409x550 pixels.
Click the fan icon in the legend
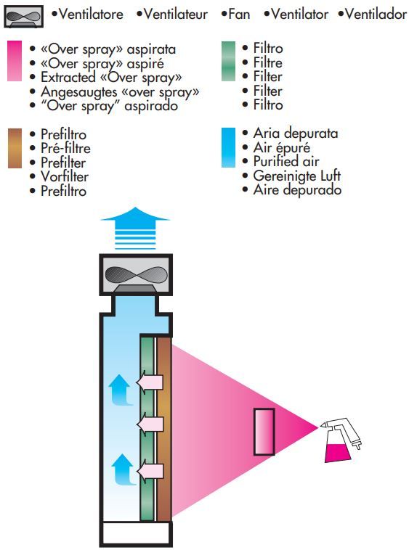pyautogui.click(x=24, y=17)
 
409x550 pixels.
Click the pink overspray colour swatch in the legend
pyautogui.click(x=15, y=61)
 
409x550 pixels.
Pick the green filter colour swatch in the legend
pyautogui.click(x=228, y=61)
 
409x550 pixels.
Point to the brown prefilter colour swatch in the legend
pyautogui.click(x=15, y=148)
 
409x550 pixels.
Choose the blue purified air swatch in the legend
pyautogui.click(x=228, y=148)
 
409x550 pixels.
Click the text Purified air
pyautogui.click(x=286, y=161)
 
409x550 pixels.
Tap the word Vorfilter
pyautogui.click(x=65, y=176)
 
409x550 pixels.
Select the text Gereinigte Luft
pyautogui.click(x=297, y=176)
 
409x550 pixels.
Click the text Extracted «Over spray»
pyautogui.click(x=111, y=78)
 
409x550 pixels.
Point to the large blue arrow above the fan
pyautogui.click(x=135, y=228)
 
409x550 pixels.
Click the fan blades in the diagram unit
pyautogui.click(x=136, y=274)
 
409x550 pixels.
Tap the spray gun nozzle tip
pyautogui.click(x=320, y=427)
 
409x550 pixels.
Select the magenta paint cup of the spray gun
pyautogui.click(x=337, y=453)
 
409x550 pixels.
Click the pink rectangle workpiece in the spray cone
pyautogui.click(x=264, y=432)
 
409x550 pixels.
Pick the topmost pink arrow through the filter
pyautogui.click(x=150, y=382)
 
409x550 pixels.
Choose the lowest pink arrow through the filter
pyautogui.click(x=150, y=471)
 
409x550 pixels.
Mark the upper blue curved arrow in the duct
pyautogui.click(x=121, y=390)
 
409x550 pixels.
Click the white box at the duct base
pyautogui.click(x=137, y=533)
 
